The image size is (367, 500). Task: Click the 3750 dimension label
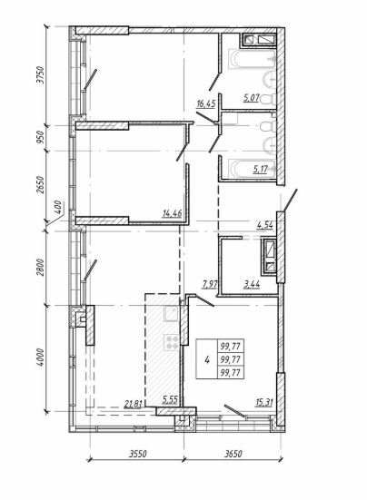[41, 75]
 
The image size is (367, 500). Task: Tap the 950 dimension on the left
[41, 137]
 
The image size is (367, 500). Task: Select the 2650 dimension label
[41, 184]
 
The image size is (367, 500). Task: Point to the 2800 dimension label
[41, 267]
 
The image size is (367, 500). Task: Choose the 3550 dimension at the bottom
[137, 454]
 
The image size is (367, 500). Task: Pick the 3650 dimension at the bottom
[233, 454]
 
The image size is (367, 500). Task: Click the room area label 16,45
[206, 104]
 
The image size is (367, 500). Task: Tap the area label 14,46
[173, 213]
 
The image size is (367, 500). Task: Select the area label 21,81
[133, 405]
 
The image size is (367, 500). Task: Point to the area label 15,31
[264, 403]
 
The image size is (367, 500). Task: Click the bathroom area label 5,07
[252, 98]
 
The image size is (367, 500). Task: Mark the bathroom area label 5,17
[261, 170]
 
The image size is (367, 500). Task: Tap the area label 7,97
[210, 284]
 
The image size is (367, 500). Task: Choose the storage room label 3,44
[252, 284]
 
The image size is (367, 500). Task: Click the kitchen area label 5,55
[170, 400]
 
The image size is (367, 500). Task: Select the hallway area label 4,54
[265, 225]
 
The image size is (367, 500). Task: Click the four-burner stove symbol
[172, 342]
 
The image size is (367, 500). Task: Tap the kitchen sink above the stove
[172, 313]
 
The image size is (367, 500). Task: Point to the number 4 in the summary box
[207, 360]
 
